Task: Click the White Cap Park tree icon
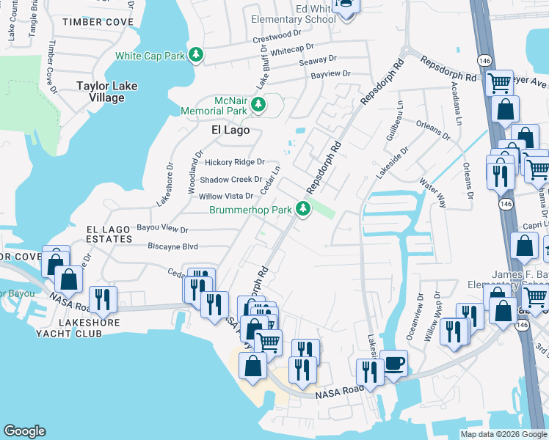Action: click(195, 54)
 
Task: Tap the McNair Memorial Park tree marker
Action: click(258, 106)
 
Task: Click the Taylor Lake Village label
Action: click(107, 92)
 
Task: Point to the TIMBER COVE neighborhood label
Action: click(98, 22)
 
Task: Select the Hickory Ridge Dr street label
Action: click(235, 162)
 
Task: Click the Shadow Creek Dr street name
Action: click(230, 179)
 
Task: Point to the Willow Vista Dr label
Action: click(226, 196)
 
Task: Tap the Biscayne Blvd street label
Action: click(173, 246)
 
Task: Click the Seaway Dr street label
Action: click(318, 58)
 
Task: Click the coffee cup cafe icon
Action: click(394, 364)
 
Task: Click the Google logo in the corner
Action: click(25, 431)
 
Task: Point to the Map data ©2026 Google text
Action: click(503, 434)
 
